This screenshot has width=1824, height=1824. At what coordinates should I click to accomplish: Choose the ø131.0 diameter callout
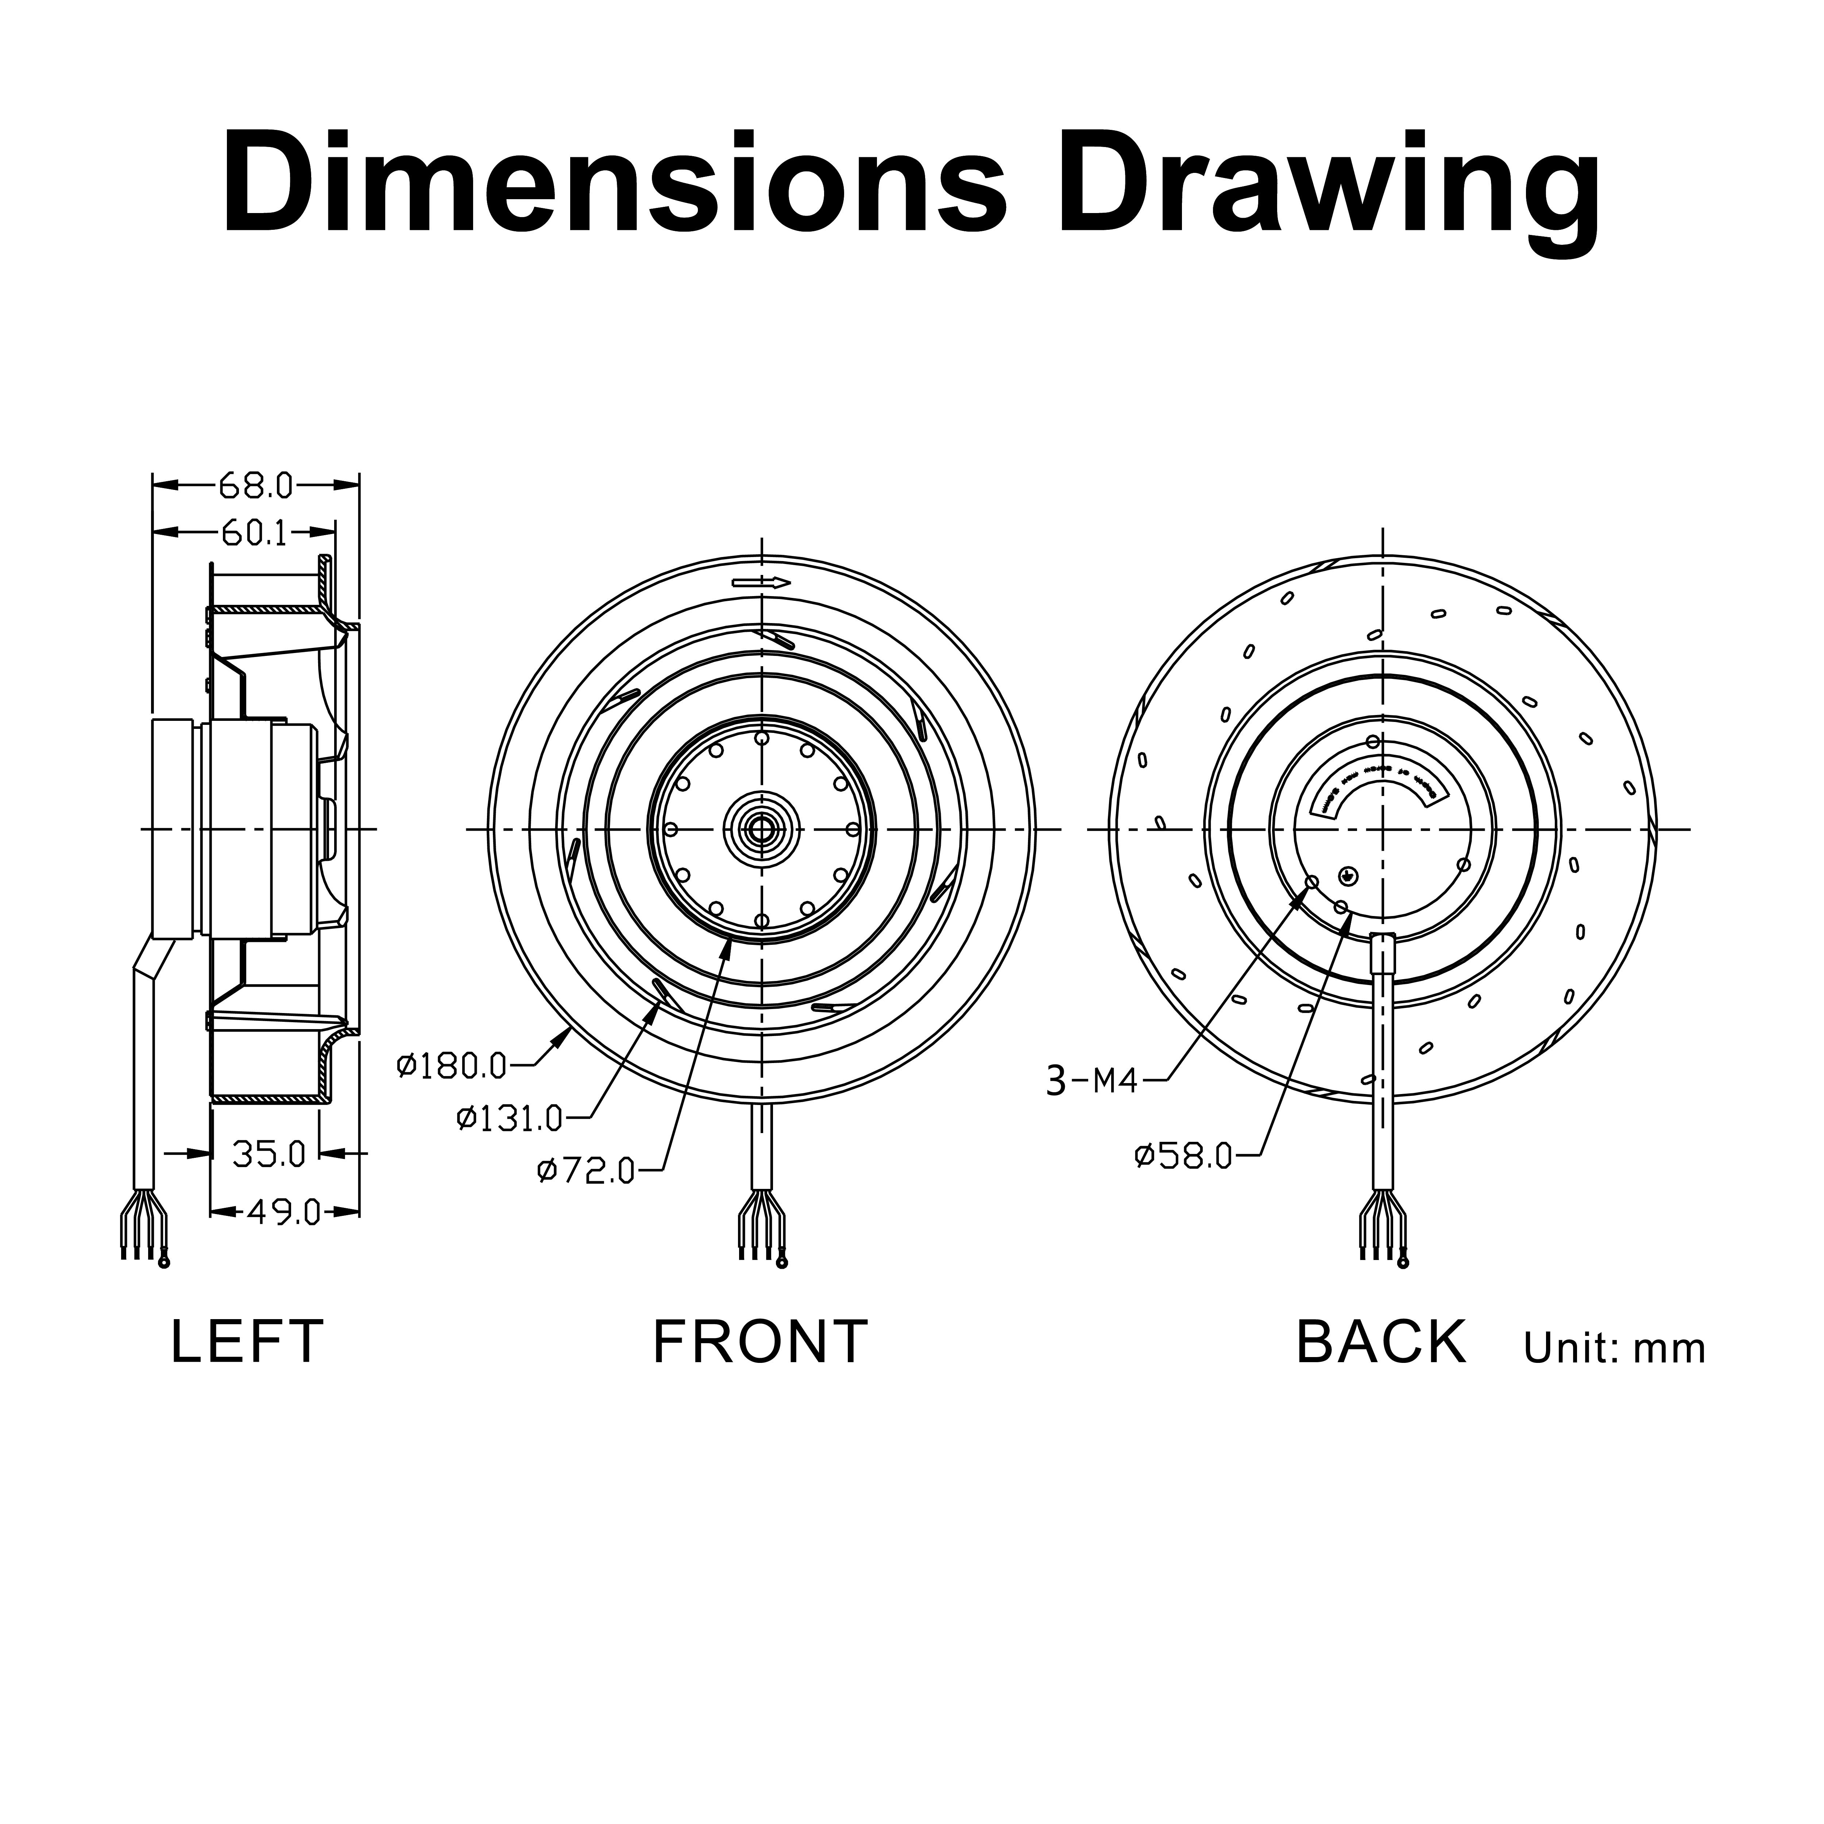point(510,1120)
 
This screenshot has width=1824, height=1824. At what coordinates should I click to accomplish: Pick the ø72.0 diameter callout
point(586,1172)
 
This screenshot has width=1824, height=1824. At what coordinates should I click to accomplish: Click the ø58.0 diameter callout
point(1184,1156)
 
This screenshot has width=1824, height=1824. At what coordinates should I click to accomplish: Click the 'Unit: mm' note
point(1614,1349)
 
